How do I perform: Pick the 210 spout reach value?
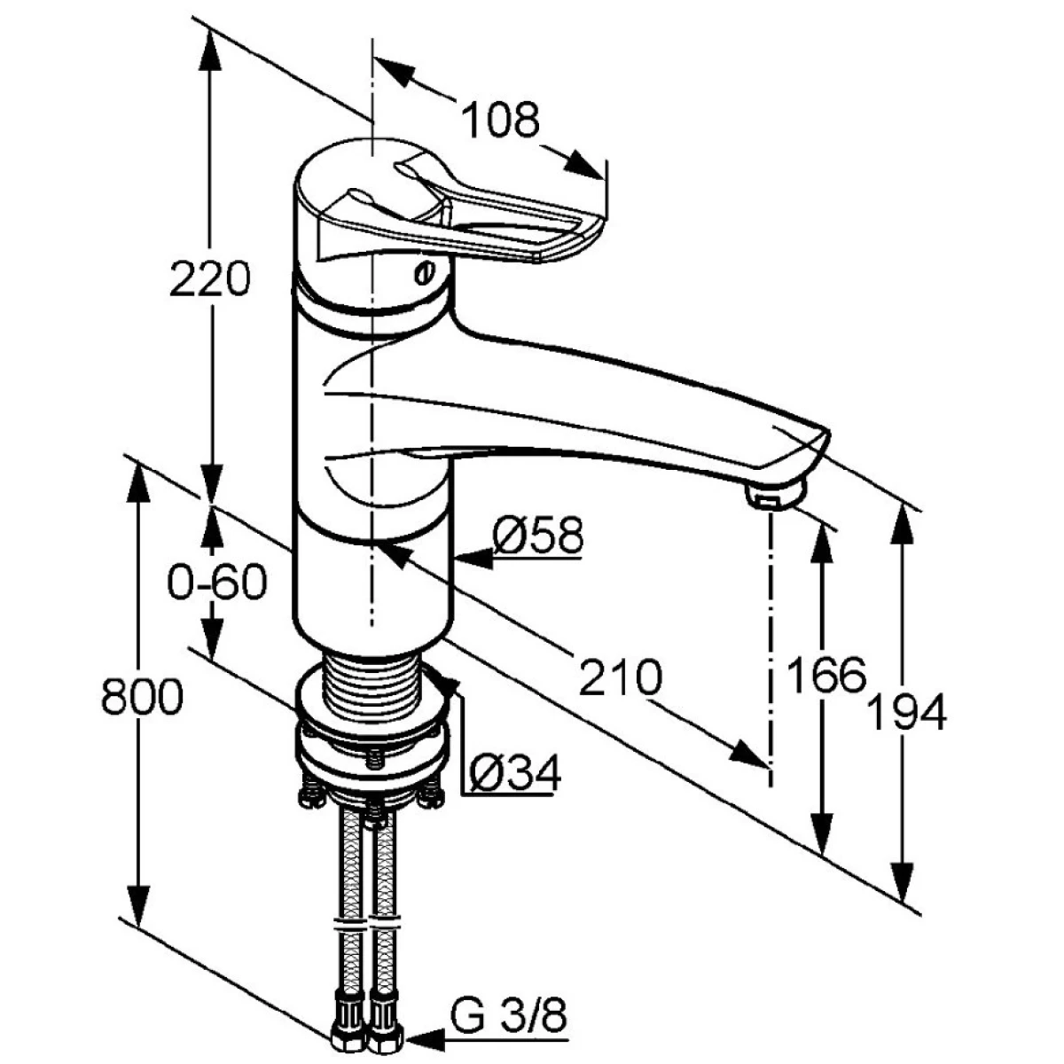point(621,678)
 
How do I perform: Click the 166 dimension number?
point(825,676)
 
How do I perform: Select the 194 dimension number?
point(905,714)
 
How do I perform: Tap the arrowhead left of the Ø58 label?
point(474,559)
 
